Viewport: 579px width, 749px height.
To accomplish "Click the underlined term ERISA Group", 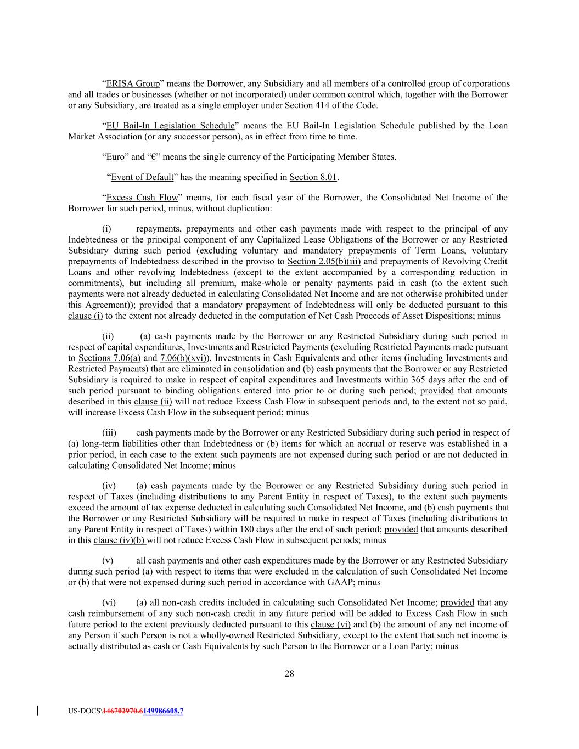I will pyautogui.click(x=133, y=84).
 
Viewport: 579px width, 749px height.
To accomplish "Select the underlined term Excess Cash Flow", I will pyautogui.click(x=142, y=198).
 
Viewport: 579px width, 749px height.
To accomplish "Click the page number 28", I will pyautogui.click(x=289, y=674).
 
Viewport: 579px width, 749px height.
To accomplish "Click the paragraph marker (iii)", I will pyautogui.click(x=109, y=433).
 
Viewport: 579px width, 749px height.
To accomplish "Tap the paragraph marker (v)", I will pyautogui.click(x=108, y=561).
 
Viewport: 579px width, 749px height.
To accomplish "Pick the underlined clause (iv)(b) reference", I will pyautogui.click(x=120, y=540).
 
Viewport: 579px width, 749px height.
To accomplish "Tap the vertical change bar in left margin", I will pyautogui.click(x=37, y=711).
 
